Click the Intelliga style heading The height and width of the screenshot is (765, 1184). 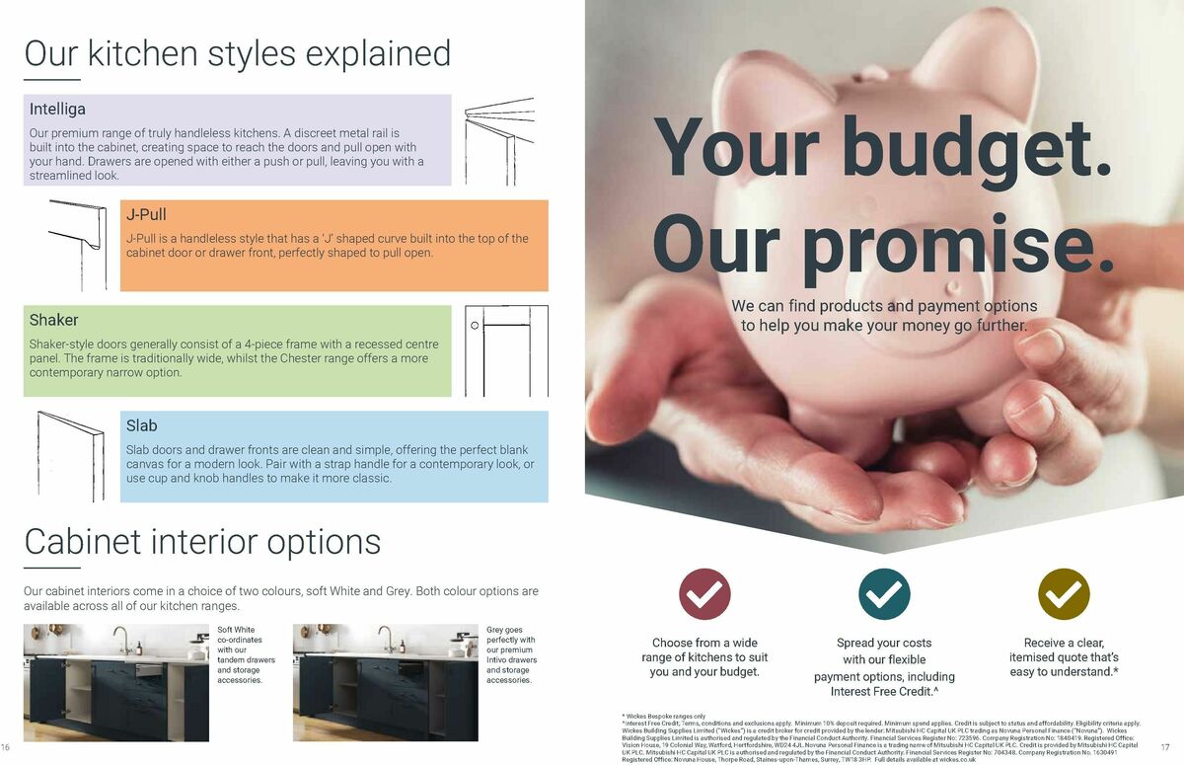click(57, 109)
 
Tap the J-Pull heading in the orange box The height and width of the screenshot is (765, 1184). click(146, 214)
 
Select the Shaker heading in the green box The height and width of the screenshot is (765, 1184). click(53, 320)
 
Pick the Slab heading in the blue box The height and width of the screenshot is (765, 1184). click(141, 425)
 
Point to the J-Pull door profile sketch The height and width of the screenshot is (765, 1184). click(79, 244)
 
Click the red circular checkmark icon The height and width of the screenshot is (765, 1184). click(704, 594)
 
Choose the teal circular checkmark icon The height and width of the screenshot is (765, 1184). click(884, 594)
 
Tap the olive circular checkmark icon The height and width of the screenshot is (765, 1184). click(1064, 594)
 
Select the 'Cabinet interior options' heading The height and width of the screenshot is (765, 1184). click(202, 542)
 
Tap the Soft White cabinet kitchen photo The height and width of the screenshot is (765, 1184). click(116, 682)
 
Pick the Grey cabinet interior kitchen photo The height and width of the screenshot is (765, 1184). click(385, 682)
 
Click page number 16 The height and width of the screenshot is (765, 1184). click(6, 746)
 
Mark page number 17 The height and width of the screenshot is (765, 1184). click(1164, 746)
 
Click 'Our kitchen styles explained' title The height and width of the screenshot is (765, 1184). click(237, 53)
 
